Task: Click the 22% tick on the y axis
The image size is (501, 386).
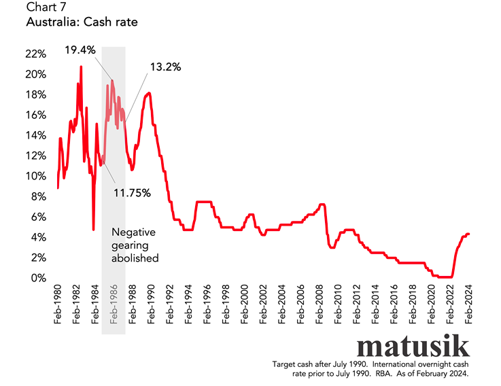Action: (x=35, y=54)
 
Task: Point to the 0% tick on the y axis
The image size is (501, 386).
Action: (x=39, y=278)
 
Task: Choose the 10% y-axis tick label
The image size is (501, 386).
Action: (x=35, y=176)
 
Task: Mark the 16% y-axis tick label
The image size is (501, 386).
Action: (x=35, y=115)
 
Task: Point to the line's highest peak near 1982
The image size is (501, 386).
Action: (x=81, y=67)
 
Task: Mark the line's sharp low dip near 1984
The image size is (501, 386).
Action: (x=93, y=230)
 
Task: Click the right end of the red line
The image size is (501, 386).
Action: (x=469, y=234)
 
